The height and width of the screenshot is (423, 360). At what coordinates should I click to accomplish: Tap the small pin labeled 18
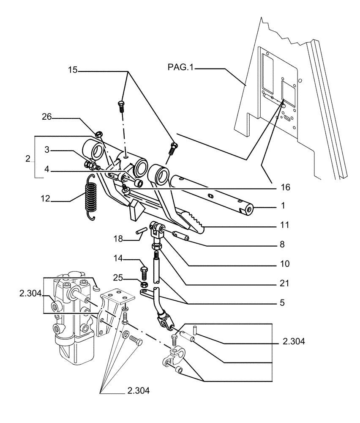coord(141,231)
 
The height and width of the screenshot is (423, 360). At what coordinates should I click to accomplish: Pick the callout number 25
coord(119,277)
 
